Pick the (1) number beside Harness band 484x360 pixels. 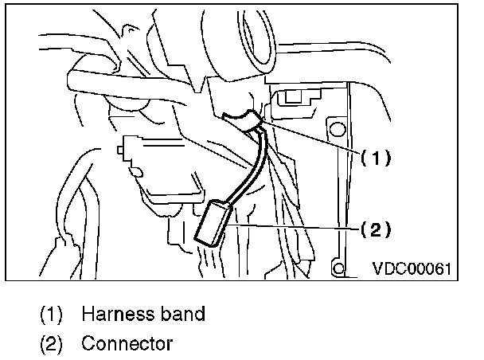pyautogui.click(x=52, y=314)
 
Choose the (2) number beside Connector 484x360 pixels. pyautogui.click(x=52, y=345)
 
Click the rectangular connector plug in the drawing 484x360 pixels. pyautogui.click(x=211, y=222)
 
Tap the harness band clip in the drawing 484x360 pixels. pyautogui.click(x=242, y=120)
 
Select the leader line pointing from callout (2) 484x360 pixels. pyautogui.click(x=295, y=228)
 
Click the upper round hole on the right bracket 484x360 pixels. pyautogui.click(x=338, y=127)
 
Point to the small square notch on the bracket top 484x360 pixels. pyautogui.click(x=291, y=98)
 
